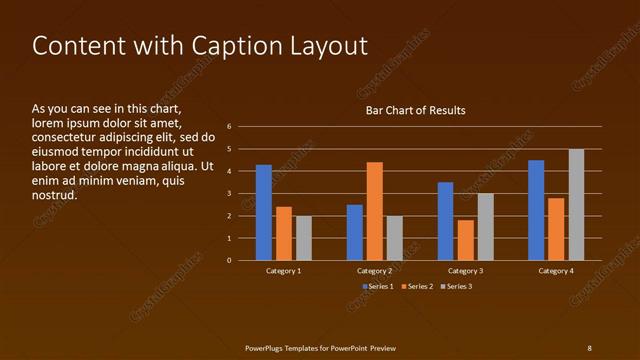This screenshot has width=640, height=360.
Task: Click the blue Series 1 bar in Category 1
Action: pos(264,212)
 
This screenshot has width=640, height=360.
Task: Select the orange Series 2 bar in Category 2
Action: pos(374,211)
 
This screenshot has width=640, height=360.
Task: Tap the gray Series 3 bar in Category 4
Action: pos(576,204)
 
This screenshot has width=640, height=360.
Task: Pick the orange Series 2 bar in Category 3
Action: pos(465,240)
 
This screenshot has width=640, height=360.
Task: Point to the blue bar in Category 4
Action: pos(536,210)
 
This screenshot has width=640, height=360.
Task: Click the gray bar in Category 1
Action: pos(304,238)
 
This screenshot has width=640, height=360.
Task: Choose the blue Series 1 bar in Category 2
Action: pos(355,232)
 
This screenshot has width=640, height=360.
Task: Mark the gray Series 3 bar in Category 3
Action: pos(485,227)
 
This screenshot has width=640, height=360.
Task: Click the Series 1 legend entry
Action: pos(377,287)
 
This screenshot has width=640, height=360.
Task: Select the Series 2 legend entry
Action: pos(417,287)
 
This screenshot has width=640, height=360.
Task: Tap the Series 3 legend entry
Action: pos(456,287)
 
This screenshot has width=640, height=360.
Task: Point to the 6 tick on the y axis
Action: pos(230,127)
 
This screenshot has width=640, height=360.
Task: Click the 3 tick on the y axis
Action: pos(230,194)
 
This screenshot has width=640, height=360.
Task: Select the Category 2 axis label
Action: pos(374,271)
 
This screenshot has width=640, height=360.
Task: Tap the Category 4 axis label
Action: pos(556,271)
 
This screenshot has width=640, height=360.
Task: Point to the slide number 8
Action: pos(589,348)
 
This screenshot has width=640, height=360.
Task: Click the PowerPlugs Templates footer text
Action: pos(320,348)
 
